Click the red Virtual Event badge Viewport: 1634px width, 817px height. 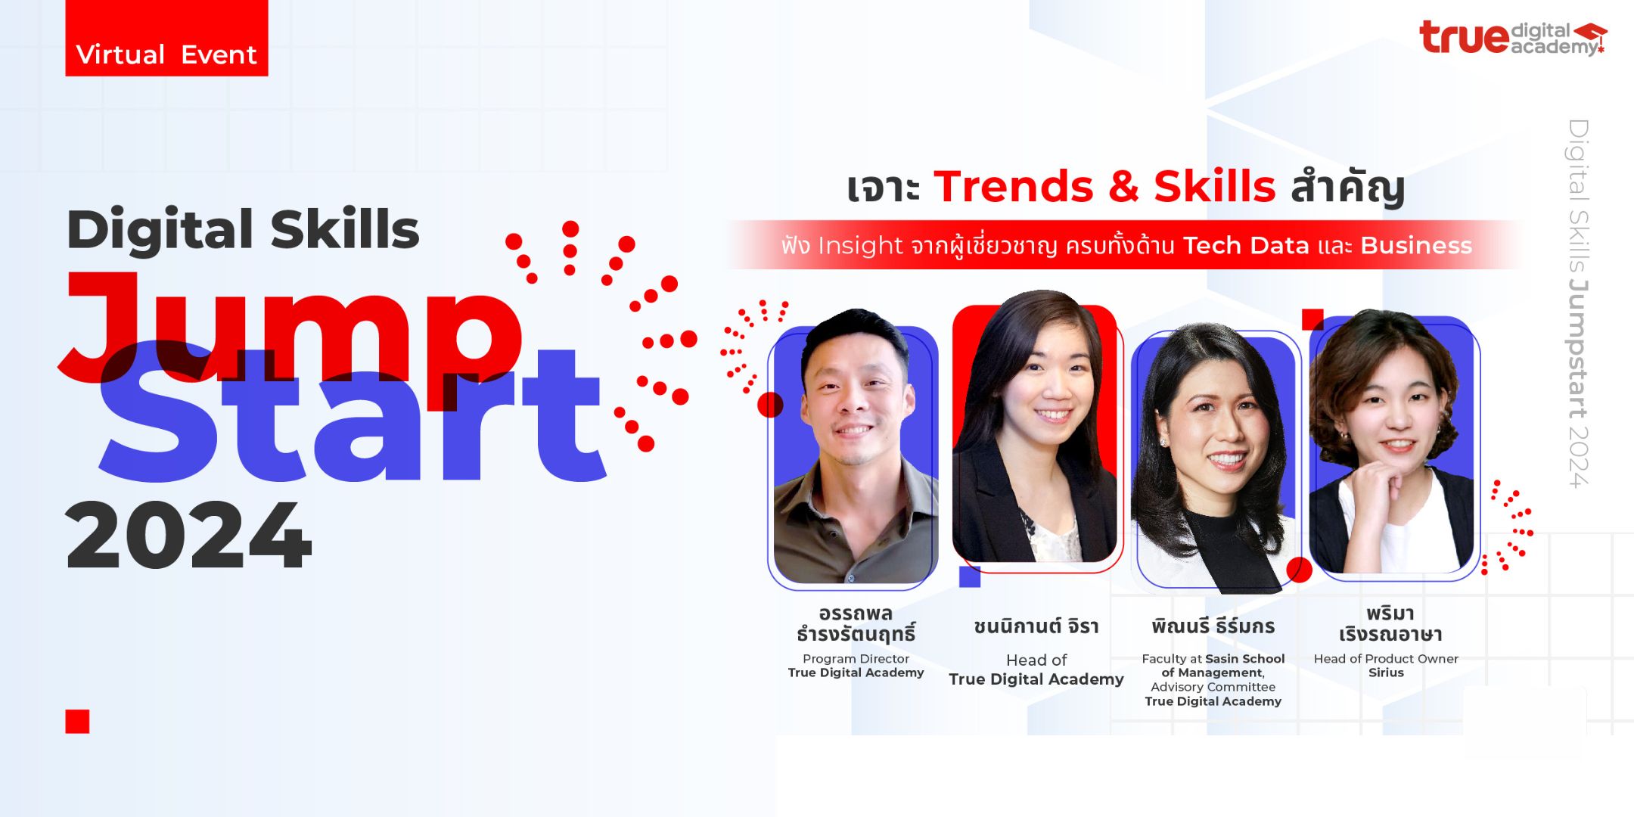(166, 38)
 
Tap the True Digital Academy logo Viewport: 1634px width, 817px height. (1513, 38)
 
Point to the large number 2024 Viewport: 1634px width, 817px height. (188, 535)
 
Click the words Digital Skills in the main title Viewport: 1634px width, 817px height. (243, 228)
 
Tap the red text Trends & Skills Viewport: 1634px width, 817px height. (1104, 186)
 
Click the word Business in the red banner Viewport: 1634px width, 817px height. (1416, 246)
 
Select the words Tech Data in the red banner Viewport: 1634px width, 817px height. (1246, 246)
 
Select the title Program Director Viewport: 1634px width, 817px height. (856, 659)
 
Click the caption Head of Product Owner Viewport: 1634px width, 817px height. (1386, 659)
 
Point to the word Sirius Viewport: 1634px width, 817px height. (1386, 673)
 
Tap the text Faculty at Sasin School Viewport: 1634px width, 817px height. (1213, 659)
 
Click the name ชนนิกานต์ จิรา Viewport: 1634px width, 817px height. (1036, 626)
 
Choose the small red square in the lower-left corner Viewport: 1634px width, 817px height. (77, 722)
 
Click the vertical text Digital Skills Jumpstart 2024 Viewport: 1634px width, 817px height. (1579, 303)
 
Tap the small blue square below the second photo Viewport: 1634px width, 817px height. (970, 576)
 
